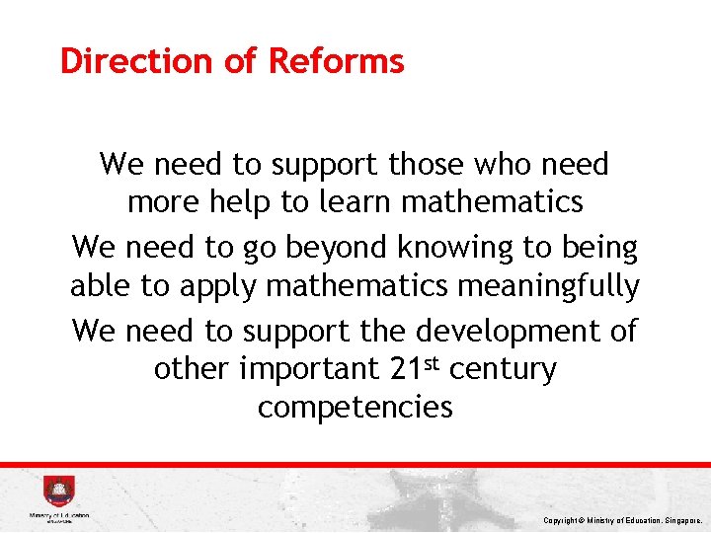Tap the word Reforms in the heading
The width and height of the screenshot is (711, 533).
tap(337, 61)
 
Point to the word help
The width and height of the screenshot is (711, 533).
tap(238, 202)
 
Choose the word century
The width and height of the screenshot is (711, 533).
tap(503, 370)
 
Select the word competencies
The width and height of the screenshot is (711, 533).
tap(355, 408)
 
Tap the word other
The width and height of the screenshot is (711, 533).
tap(191, 370)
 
